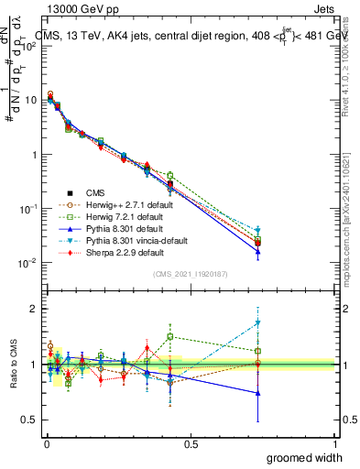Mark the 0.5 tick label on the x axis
tap(191, 442)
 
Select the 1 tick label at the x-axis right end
tap(335, 442)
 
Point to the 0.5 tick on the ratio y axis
tap(30, 420)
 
